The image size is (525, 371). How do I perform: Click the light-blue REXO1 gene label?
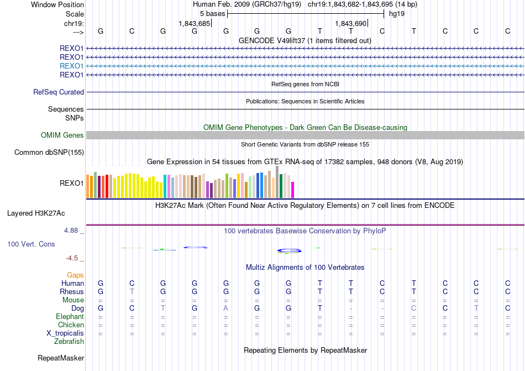71,66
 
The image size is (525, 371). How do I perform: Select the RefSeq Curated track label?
59,92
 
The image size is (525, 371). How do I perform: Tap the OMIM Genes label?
62,135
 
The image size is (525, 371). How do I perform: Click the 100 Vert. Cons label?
31,244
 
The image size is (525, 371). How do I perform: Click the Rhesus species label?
72,292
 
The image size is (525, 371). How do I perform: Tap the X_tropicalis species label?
65,333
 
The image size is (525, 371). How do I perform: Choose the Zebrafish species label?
69,342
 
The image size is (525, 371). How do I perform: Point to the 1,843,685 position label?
195,24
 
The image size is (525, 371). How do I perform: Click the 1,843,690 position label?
351,24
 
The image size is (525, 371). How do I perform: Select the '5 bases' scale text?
212,13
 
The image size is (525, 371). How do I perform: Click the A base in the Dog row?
225,308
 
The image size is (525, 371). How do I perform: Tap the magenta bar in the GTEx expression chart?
293,190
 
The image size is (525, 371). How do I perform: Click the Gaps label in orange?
75,275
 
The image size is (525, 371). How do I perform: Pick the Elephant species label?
70,317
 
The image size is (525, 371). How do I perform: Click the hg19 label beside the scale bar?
397,13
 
